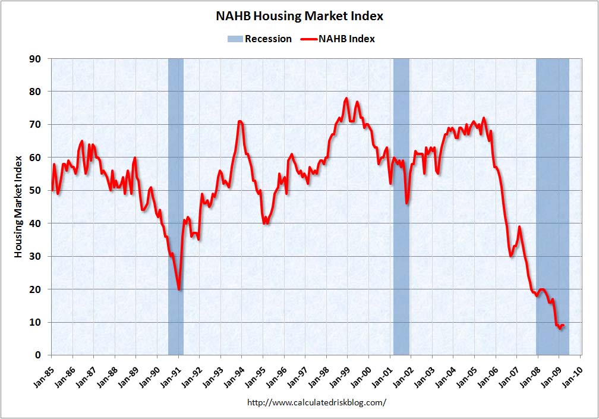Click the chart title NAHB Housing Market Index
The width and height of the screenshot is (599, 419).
299,16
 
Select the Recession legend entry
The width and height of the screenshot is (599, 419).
260,39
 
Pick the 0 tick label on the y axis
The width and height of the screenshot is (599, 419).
37,355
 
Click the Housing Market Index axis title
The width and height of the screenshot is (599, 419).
18,206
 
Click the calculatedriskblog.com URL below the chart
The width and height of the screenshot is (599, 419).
316,402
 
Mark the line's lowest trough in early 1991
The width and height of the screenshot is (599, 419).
179,289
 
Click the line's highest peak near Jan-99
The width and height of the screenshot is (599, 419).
346,99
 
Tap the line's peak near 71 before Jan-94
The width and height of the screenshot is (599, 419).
239,121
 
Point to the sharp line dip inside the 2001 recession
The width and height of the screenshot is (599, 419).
407,203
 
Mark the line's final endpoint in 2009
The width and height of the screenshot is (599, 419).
563,325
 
